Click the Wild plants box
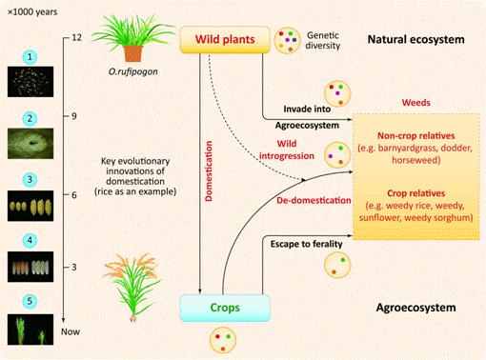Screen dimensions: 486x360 225,39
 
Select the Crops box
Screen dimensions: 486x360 225,308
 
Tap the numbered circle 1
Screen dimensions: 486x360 30,57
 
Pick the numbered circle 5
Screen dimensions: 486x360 30,301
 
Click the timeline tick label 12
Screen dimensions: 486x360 76,37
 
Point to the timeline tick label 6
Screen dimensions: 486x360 74,195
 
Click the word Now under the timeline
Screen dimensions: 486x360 71,331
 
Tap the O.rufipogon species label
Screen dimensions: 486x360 133,71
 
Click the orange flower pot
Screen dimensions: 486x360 133,53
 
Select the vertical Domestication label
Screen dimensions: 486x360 209,171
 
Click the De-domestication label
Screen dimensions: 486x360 314,200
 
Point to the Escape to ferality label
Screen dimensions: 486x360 307,244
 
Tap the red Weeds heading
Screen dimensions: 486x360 415,103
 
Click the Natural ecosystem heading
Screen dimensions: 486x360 415,39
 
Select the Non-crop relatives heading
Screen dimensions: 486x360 416,136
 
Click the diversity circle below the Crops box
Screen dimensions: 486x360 223,340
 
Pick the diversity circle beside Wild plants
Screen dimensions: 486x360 287,40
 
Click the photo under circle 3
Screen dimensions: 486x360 30,206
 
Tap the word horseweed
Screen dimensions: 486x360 416,160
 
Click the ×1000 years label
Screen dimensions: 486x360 32,12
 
